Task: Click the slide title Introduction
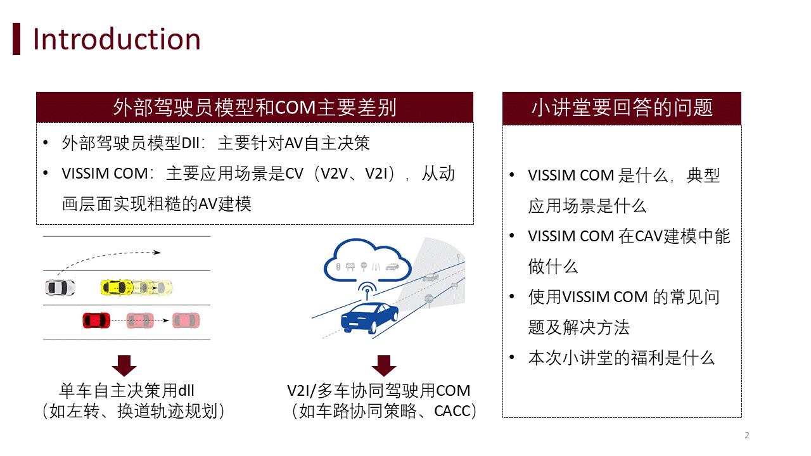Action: click(x=117, y=39)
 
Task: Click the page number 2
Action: click(x=747, y=435)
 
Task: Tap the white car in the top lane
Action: click(x=60, y=287)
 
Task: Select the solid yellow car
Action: click(x=117, y=288)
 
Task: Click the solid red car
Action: click(x=96, y=320)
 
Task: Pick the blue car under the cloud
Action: click(x=369, y=316)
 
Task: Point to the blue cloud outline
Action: click(x=364, y=260)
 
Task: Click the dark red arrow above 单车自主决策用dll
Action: click(x=124, y=365)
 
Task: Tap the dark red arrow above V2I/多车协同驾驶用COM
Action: click(x=383, y=365)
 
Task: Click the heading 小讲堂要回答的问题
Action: click(x=622, y=108)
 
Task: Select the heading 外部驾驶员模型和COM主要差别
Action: click(x=255, y=108)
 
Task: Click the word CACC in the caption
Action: click(x=452, y=412)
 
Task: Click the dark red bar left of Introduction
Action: click(x=16, y=39)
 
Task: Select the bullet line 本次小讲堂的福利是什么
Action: click(x=621, y=358)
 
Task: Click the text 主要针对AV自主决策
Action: click(x=293, y=143)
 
